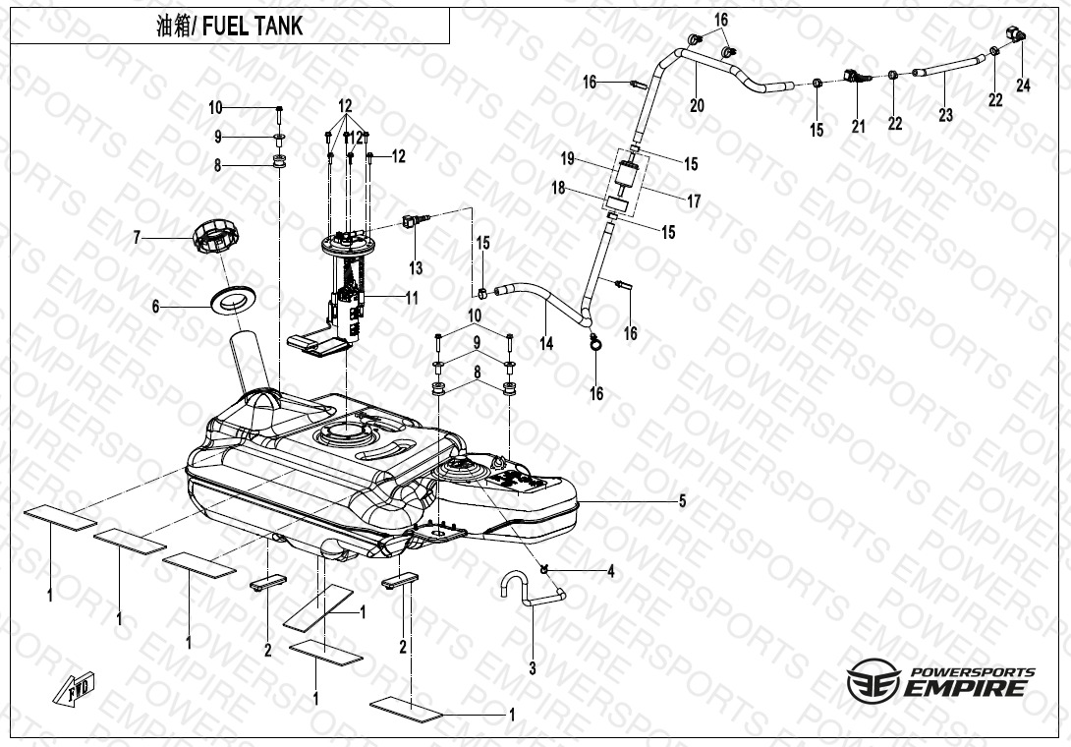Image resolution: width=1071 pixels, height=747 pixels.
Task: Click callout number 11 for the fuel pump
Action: (412, 296)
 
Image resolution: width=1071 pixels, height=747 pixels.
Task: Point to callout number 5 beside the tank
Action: (682, 501)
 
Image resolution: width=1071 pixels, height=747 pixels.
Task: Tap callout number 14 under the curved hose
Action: (546, 344)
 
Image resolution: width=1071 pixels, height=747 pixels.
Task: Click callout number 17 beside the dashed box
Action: (694, 201)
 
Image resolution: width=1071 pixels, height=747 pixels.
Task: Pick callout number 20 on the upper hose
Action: (697, 105)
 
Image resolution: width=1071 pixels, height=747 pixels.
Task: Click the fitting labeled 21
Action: (857, 76)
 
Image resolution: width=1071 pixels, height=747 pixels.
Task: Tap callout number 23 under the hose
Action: (945, 115)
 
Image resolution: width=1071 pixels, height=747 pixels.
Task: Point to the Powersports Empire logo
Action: (940, 681)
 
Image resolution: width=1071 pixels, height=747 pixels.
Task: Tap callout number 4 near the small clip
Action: (610, 571)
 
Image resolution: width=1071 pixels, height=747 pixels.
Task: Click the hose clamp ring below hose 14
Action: (595, 343)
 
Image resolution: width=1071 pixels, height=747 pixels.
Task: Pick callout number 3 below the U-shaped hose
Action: (533, 669)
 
